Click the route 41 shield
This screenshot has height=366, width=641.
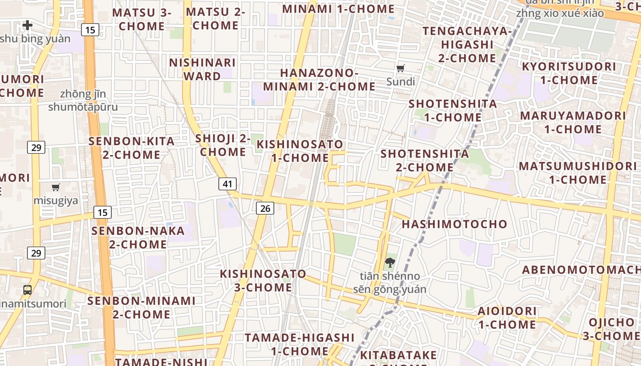(228, 184)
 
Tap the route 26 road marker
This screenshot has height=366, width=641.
(265, 209)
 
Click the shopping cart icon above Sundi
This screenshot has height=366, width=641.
(401, 69)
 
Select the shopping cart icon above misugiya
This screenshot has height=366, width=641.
(56, 187)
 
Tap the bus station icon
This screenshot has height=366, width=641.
(27, 290)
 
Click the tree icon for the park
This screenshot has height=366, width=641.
(390, 263)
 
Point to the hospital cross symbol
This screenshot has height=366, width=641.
(27, 25)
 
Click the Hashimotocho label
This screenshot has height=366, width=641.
(454, 224)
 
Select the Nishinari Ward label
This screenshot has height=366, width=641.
(202, 69)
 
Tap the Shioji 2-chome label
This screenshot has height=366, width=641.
(223, 145)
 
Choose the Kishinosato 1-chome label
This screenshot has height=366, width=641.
(300, 151)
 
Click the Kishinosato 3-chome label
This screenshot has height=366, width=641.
(263, 280)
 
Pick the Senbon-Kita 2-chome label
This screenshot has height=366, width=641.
(132, 148)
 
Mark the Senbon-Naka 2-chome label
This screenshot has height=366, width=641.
(138, 237)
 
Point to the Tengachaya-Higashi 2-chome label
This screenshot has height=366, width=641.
(467, 44)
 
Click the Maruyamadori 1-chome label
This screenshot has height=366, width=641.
(573, 122)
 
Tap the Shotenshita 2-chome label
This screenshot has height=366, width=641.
(425, 160)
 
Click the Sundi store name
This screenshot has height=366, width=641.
(401, 82)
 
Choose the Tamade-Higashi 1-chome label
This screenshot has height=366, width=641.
(299, 344)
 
